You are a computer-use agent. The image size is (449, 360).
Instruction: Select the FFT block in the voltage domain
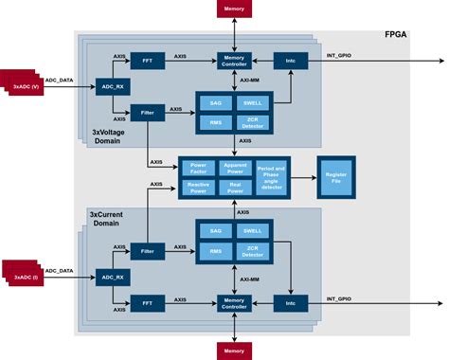click(x=146, y=60)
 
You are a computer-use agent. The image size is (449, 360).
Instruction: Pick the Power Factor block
click(x=199, y=167)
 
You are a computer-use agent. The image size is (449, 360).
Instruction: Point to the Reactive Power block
click(x=199, y=188)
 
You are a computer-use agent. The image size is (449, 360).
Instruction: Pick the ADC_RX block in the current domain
click(x=111, y=278)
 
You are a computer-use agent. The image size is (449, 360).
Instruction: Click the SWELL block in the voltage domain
click(x=251, y=102)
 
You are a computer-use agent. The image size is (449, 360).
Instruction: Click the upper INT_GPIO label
click(x=339, y=55)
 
